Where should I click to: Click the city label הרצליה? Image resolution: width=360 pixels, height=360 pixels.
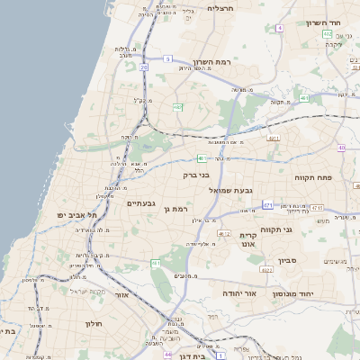[220, 8]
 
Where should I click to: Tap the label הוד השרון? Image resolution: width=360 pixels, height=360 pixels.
[320, 22]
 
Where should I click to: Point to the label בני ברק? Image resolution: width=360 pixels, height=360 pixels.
[197, 175]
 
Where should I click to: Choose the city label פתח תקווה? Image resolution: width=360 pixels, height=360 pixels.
[312, 178]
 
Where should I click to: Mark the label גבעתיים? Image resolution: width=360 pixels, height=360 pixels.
[141, 203]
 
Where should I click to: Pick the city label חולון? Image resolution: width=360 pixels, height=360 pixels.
[94, 323]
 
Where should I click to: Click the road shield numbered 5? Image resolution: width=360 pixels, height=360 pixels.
[167, 58]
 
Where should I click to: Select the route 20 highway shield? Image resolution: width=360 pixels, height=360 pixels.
[144, 67]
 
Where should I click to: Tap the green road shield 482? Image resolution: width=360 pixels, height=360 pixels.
[178, 108]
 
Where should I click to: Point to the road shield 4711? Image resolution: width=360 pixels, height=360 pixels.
[274, 139]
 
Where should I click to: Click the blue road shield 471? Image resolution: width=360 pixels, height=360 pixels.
[268, 205]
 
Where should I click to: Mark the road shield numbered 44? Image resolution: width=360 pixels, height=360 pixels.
[168, 354]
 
